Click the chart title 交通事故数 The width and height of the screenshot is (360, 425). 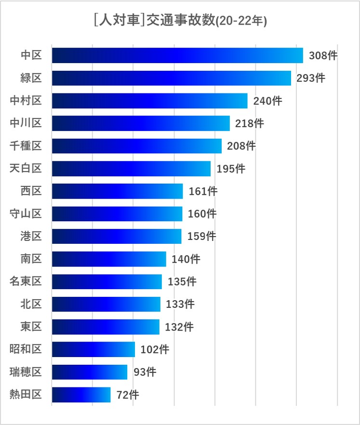181,21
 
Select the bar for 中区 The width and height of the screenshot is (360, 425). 177,55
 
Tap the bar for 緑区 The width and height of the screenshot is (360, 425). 171,78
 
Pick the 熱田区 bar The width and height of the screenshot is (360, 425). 81,395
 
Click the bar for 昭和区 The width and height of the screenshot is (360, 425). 93,349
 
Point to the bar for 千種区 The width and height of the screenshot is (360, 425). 136,146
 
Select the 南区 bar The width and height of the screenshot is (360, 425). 108,259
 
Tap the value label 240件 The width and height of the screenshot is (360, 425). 267,101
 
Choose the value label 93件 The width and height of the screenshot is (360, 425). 145,372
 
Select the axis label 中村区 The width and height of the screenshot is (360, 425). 26,101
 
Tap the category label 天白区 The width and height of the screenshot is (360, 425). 26,169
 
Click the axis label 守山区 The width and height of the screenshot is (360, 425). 26,213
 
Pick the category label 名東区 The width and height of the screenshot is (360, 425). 26,281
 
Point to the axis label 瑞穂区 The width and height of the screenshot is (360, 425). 26,372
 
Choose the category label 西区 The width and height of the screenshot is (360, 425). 31,191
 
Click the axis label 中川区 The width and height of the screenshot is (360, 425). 26,123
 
